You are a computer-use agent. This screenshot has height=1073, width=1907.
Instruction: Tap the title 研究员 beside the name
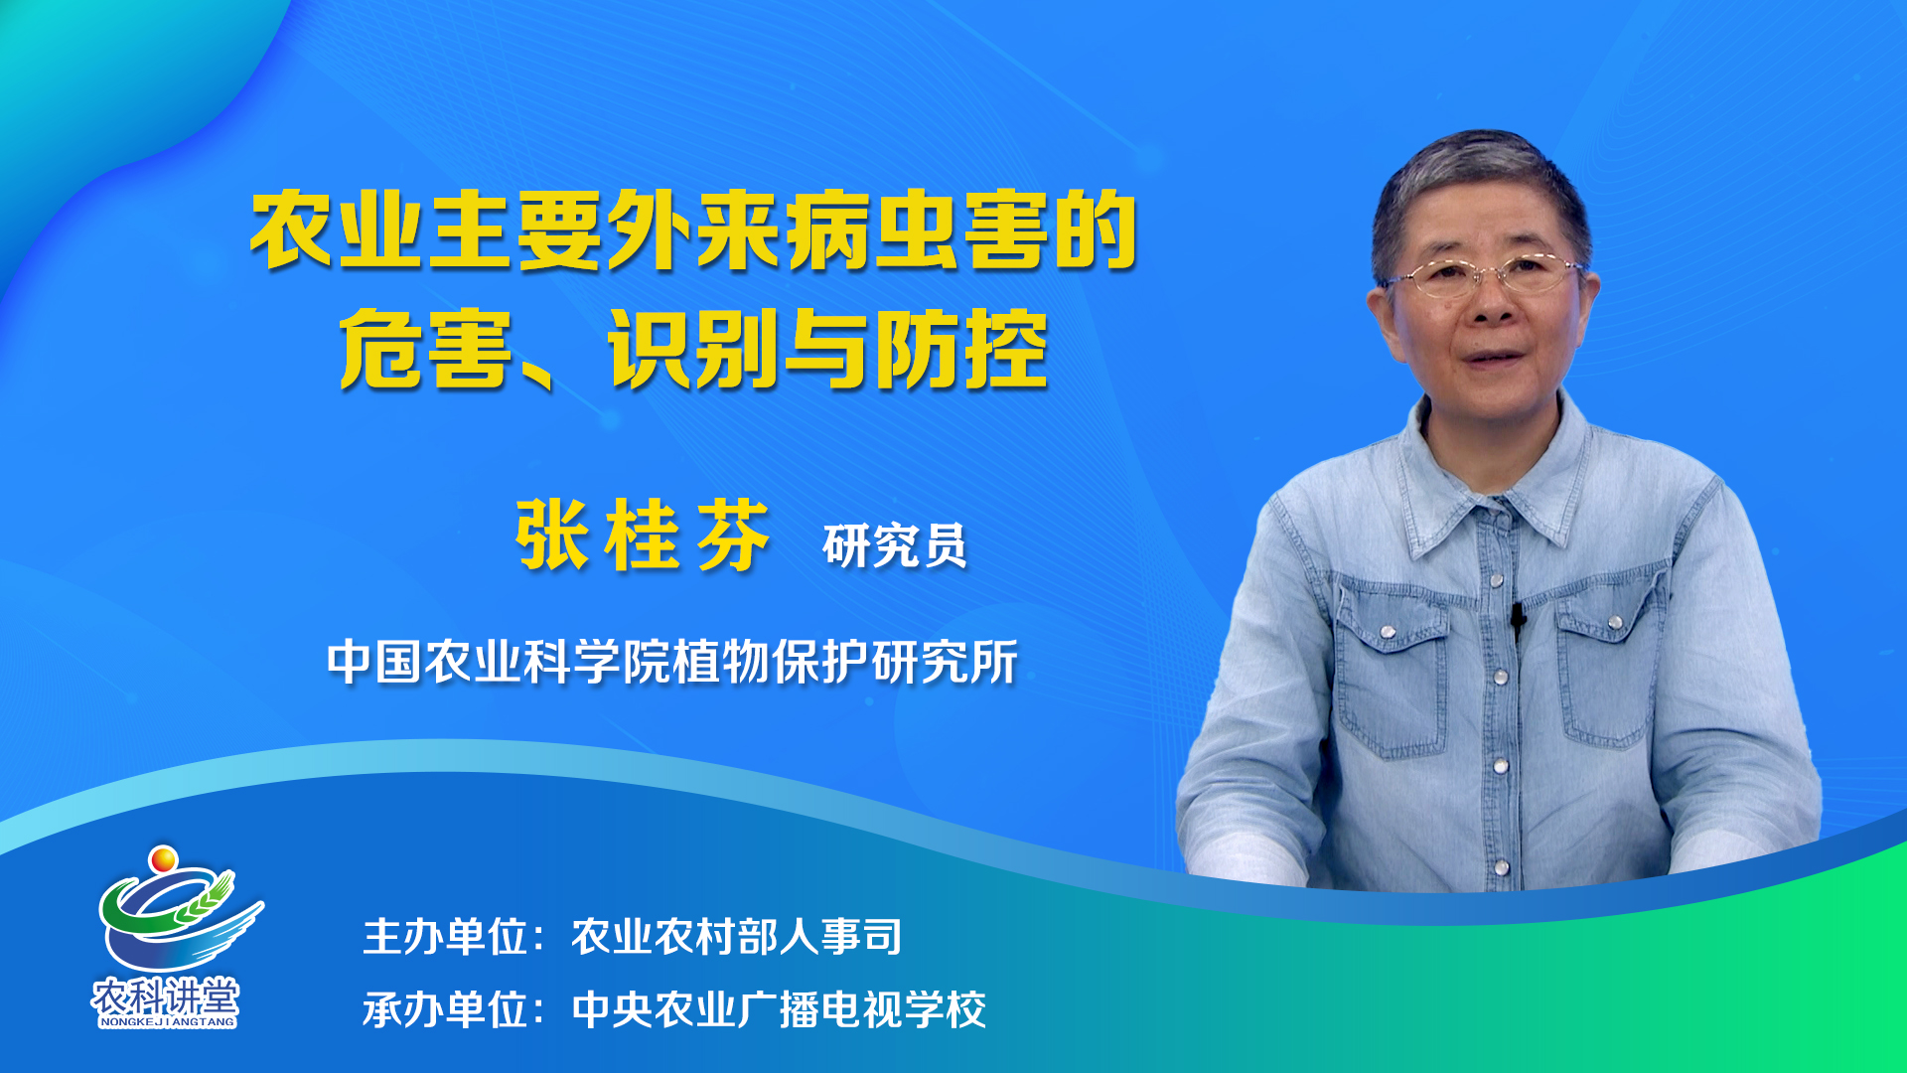point(895,545)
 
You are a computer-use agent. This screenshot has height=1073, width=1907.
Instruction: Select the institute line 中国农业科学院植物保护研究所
point(672,662)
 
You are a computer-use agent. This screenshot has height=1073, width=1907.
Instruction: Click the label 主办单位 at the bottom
point(445,937)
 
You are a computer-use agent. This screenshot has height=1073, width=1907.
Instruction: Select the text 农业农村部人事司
point(737,937)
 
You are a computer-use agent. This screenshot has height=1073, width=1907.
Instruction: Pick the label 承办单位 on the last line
point(445,1010)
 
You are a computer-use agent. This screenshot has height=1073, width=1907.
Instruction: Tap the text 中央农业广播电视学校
point(779,1010)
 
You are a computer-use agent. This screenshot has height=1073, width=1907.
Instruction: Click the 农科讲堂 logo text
point(166,996)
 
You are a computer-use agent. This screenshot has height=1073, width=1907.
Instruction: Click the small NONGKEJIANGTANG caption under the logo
point(167,1021)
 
